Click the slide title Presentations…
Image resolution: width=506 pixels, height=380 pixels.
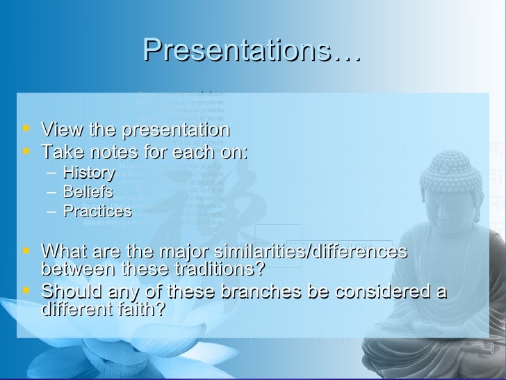click(x=252, y=49)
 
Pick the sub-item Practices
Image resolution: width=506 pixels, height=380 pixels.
click(x=97, y=211)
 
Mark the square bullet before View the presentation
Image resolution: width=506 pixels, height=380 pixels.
click(x=26, y=129)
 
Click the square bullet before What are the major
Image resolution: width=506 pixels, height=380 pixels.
click(x=26, y=250)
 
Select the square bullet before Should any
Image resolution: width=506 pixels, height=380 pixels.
click(x=26, y=290)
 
